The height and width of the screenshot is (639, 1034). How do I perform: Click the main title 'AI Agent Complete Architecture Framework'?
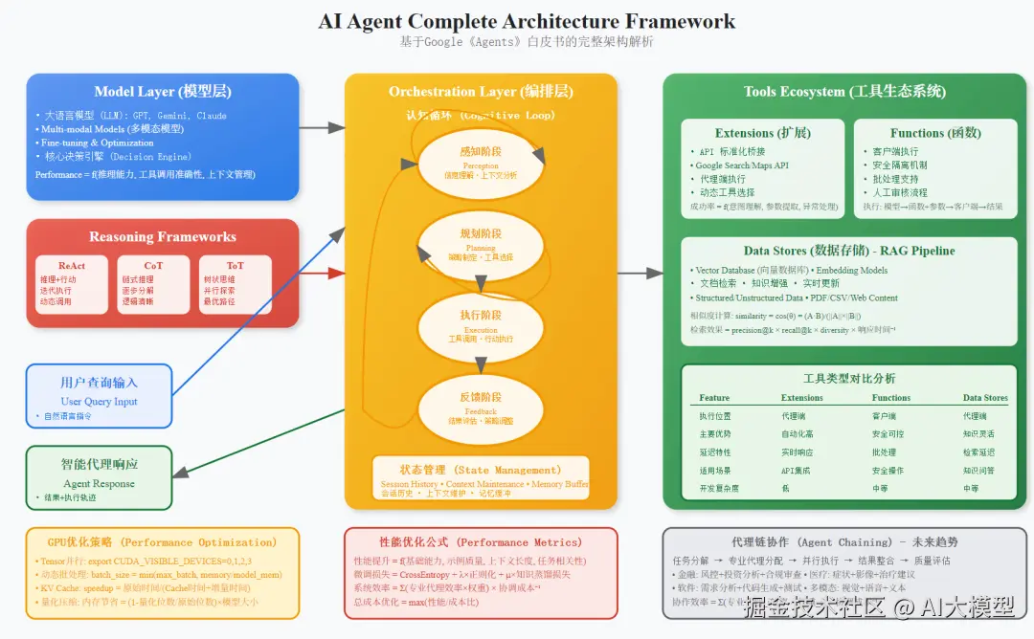click(527, 21)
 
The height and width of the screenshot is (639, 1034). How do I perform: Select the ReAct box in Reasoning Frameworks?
click(72, 284)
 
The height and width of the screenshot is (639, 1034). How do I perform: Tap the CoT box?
click(153, 284)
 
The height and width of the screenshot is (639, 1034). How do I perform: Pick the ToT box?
click(235, 284)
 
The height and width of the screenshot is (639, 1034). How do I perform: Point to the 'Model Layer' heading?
click(162, 92)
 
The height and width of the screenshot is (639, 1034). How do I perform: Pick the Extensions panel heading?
click(762, 133)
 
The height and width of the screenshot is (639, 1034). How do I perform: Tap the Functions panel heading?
click(934, 133)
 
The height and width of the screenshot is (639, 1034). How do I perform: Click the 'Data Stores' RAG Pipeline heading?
click(848, 251)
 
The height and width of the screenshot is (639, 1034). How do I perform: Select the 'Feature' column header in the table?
click(714, 398)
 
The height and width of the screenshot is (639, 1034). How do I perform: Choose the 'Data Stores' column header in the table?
click(985, 398)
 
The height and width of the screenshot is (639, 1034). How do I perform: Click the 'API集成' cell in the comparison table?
click(797, 471)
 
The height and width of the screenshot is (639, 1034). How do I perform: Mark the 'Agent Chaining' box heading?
click(843, 541)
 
